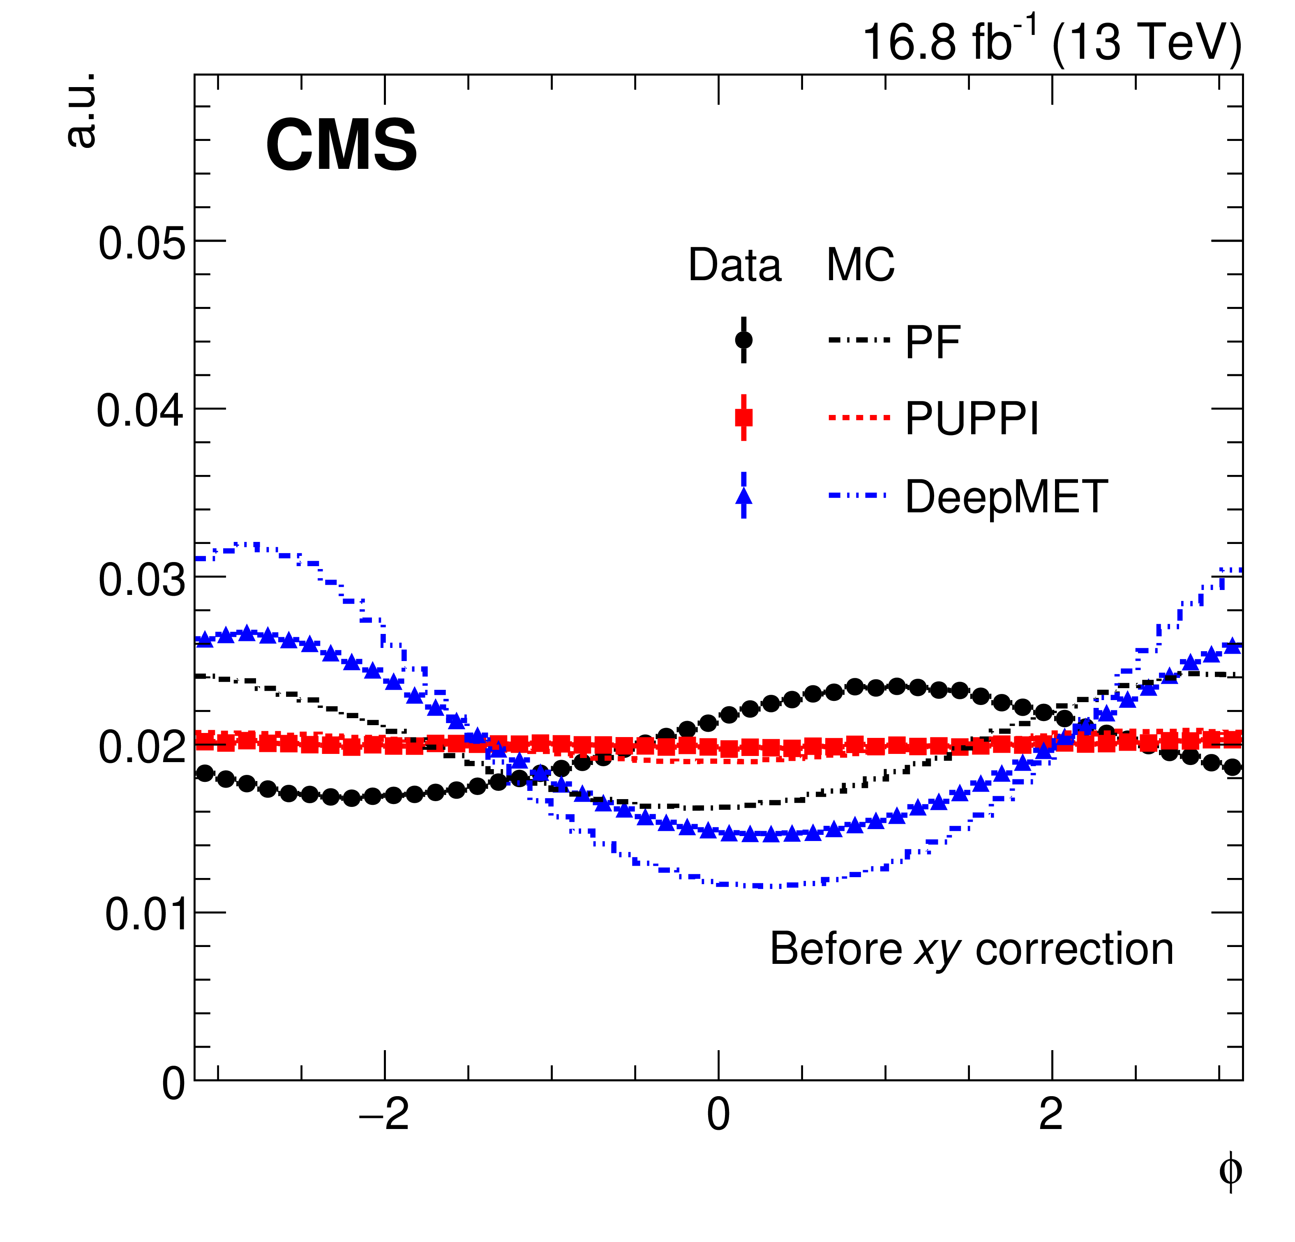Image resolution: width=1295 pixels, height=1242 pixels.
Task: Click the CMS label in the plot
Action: (x=341, y=145)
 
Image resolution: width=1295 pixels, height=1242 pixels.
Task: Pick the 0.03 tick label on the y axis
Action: (x=141, y=579)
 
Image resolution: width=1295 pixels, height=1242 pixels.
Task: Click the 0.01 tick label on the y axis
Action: (x=145, y=915)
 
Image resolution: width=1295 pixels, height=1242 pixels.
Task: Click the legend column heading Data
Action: (x=735, y=265)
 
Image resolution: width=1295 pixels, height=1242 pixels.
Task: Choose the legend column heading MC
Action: (x=860, y=265)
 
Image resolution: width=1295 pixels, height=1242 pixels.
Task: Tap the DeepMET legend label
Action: (x=1006, y=497)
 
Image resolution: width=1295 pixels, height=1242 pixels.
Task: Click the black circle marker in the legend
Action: (x=743, y=340)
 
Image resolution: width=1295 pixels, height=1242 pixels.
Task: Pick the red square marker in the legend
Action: (x=743, y=417)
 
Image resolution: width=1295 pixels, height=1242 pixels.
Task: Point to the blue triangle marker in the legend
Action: (x=743, y=497)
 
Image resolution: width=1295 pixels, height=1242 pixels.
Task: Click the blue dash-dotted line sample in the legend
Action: (x=856, y=495)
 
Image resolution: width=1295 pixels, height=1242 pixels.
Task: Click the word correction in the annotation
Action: (x=1074, y=949)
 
